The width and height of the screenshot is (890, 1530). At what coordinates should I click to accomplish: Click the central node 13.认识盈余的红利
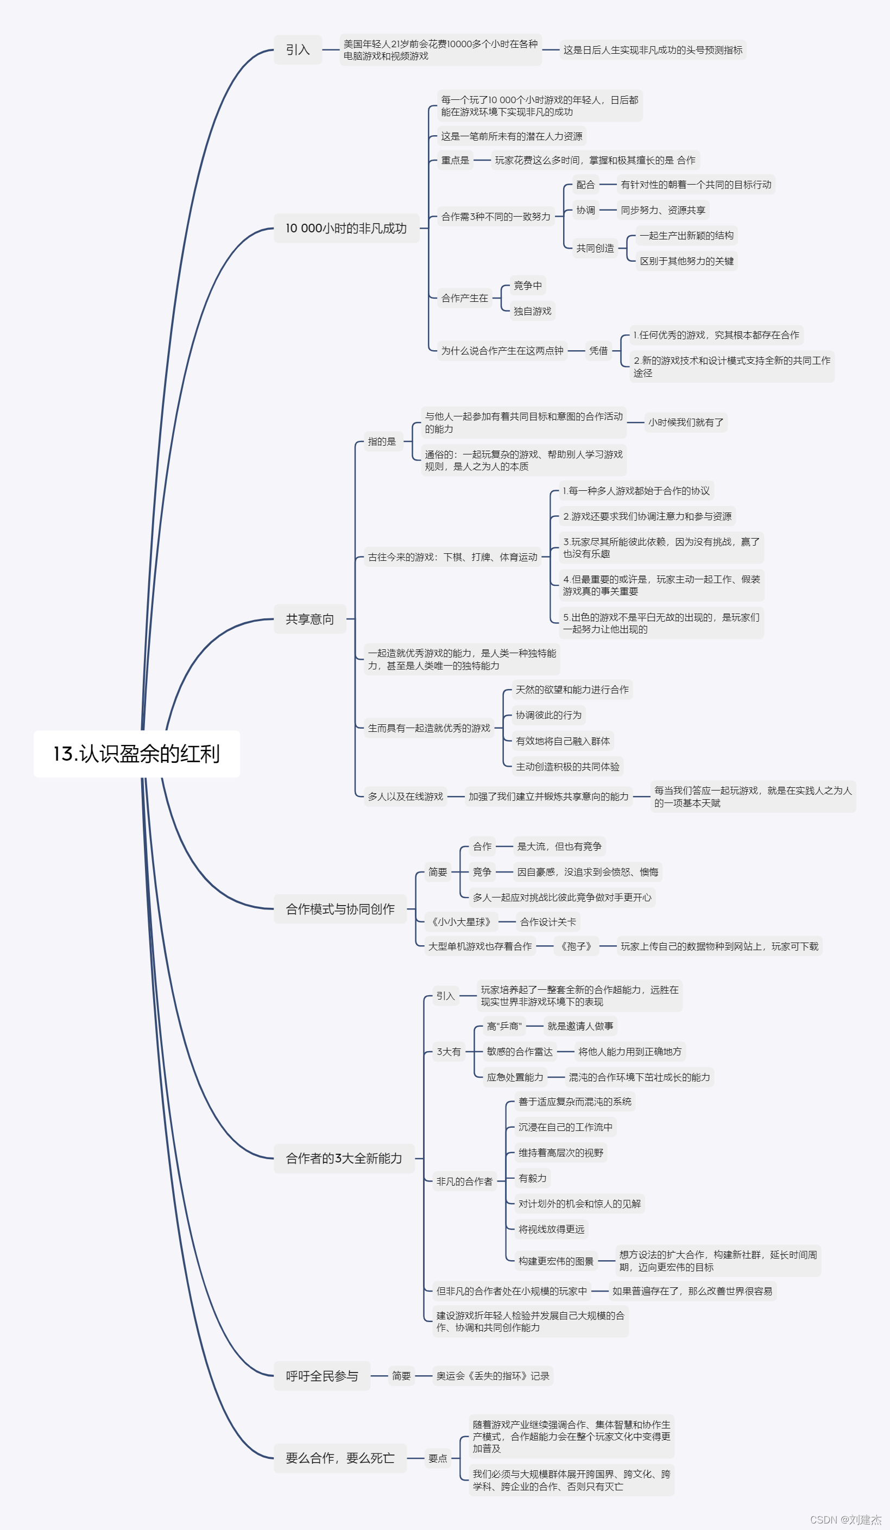(137, 754)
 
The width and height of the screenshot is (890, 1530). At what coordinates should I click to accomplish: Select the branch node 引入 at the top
(298, 50)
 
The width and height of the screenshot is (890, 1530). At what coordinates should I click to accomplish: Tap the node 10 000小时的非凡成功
(346, 228)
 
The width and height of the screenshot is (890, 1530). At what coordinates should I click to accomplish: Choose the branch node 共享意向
(310, 619)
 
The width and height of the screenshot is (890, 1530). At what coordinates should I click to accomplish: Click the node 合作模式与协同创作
(340, 909)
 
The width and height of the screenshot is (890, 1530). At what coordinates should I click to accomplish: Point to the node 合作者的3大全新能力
(344, 1159)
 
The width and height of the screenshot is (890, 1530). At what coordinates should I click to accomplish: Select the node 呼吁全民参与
(322, 1376)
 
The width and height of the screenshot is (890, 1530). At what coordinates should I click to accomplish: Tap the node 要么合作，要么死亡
(340, 1458)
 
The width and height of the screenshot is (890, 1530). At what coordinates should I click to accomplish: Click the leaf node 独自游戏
(532, 311)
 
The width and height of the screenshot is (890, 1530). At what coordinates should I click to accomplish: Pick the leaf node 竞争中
(528, 286)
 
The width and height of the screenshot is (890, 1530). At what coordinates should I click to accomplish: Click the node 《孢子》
(576, 946)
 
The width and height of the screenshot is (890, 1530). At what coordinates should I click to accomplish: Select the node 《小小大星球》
(462, 922)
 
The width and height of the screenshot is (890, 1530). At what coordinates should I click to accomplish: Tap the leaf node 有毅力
(532, 1178)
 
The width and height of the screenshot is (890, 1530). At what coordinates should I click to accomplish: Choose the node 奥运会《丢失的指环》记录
(493, 1376)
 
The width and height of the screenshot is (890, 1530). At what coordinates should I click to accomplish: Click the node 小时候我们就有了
(685, 422)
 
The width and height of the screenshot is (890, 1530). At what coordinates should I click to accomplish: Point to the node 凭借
(598, 350)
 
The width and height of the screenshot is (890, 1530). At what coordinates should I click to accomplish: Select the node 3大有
(449, 1052)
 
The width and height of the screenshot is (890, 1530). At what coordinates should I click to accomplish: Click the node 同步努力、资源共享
(663, 210)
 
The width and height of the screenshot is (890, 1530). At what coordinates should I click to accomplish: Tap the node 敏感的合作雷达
(520, 1052)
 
